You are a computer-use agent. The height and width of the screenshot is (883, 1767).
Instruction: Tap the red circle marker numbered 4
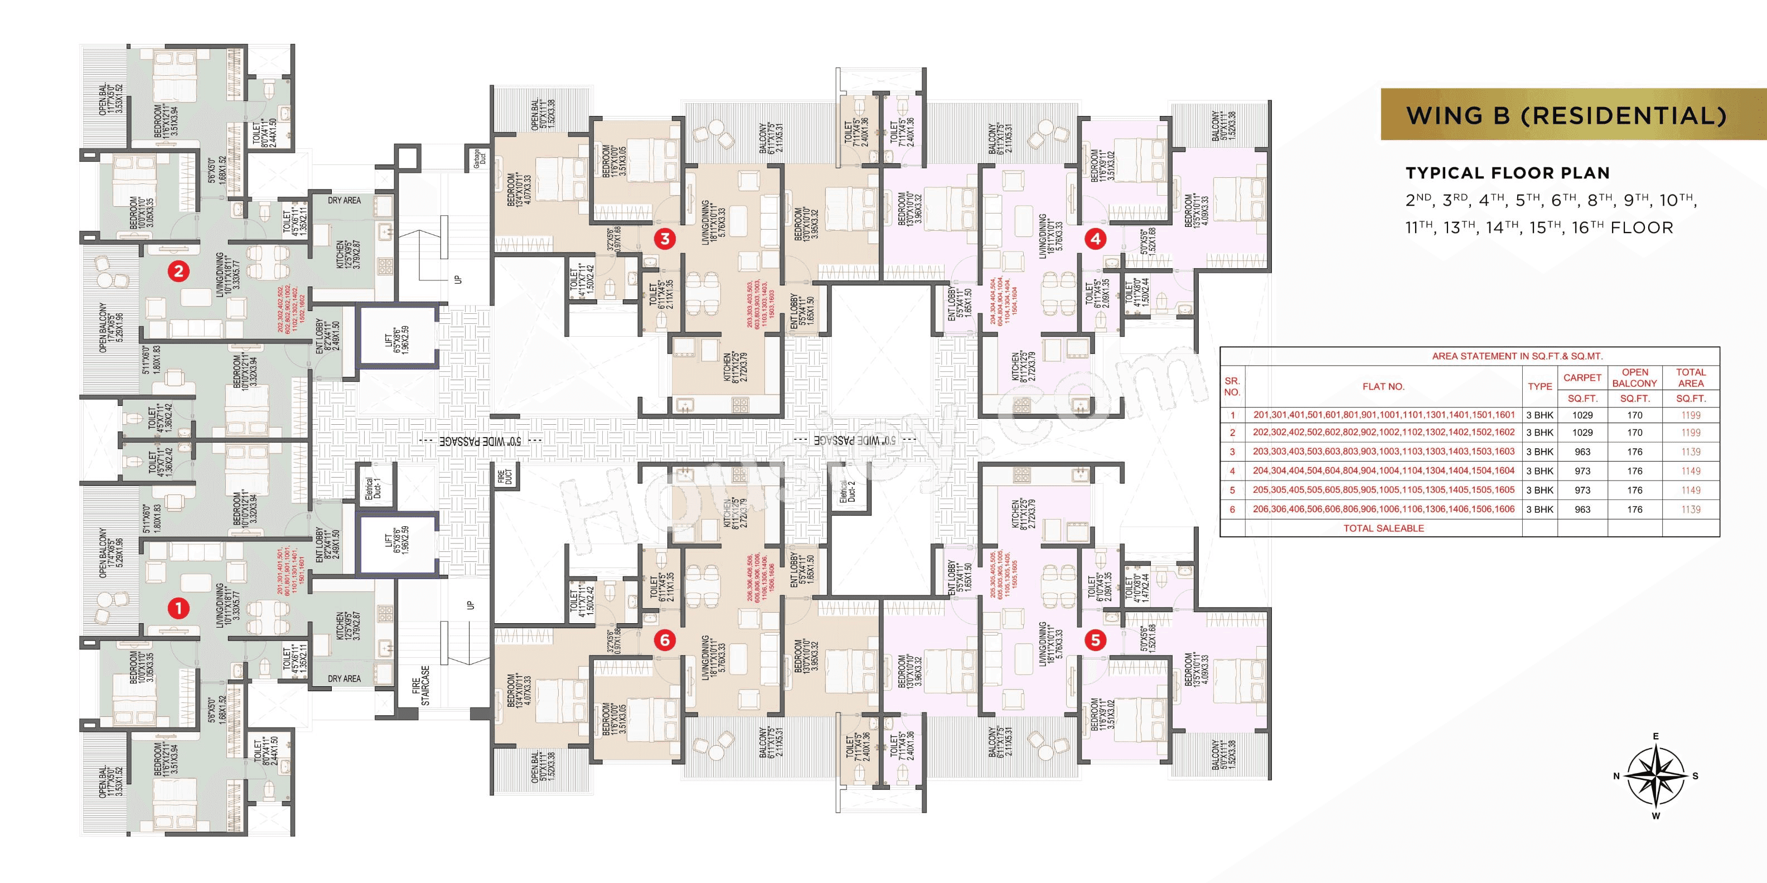1096,239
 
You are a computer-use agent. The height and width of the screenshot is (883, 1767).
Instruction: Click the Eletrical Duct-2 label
848,492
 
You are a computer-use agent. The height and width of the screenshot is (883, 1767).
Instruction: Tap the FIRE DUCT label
504,477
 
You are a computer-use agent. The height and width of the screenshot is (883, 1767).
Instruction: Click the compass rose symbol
1656,777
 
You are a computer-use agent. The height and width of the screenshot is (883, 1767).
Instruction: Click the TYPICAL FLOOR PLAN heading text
1507,173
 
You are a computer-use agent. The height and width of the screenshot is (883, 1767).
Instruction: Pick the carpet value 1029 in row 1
1582,415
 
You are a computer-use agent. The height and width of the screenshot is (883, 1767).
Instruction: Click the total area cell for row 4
1690,471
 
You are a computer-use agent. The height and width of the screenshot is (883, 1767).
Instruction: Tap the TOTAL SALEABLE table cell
1383,528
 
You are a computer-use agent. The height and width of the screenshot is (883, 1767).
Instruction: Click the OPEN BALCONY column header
1635,378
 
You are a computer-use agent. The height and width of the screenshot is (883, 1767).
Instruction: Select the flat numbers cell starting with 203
1383,452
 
